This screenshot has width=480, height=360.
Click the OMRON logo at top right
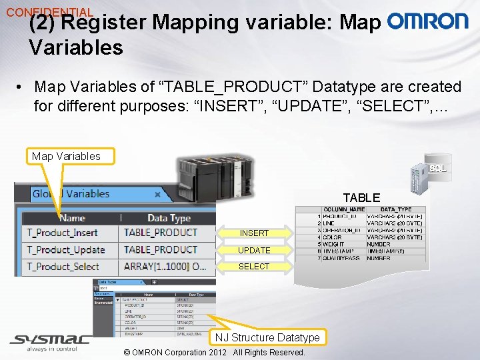[427, 21]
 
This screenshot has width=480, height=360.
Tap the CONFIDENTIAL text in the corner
[49, 12]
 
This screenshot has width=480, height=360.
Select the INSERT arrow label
[254, 233]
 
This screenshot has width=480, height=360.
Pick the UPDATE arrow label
[254, 250]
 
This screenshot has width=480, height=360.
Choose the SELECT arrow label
[254, 267]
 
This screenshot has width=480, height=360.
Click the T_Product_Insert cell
[62, 233]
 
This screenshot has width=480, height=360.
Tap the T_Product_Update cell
[65, 249]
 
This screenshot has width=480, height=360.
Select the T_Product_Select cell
[63, 266]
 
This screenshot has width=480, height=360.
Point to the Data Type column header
[169, 218]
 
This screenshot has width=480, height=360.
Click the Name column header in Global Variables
[72, 218]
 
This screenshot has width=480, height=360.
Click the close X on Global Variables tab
[157, 195]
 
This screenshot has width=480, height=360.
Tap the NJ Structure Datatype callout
[267, 337]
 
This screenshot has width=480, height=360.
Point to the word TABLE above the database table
[361, 198]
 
